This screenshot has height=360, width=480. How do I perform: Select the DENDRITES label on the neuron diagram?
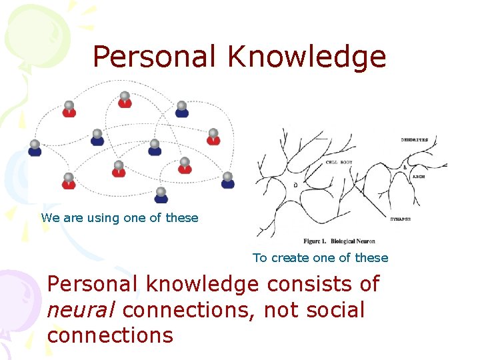[415, 140]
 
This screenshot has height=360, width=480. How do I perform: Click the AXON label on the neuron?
[419, 177]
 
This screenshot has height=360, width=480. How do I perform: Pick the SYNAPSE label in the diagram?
[401, 219]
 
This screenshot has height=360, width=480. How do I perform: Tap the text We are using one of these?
[119, 217]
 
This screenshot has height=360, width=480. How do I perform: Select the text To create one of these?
[320, 257]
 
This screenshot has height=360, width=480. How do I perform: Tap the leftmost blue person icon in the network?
[35, 148]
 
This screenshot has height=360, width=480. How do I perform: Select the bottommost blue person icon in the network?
[161, 195]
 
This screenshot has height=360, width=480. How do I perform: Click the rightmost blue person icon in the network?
[227, 180]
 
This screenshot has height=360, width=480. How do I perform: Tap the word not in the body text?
[277, 310]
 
